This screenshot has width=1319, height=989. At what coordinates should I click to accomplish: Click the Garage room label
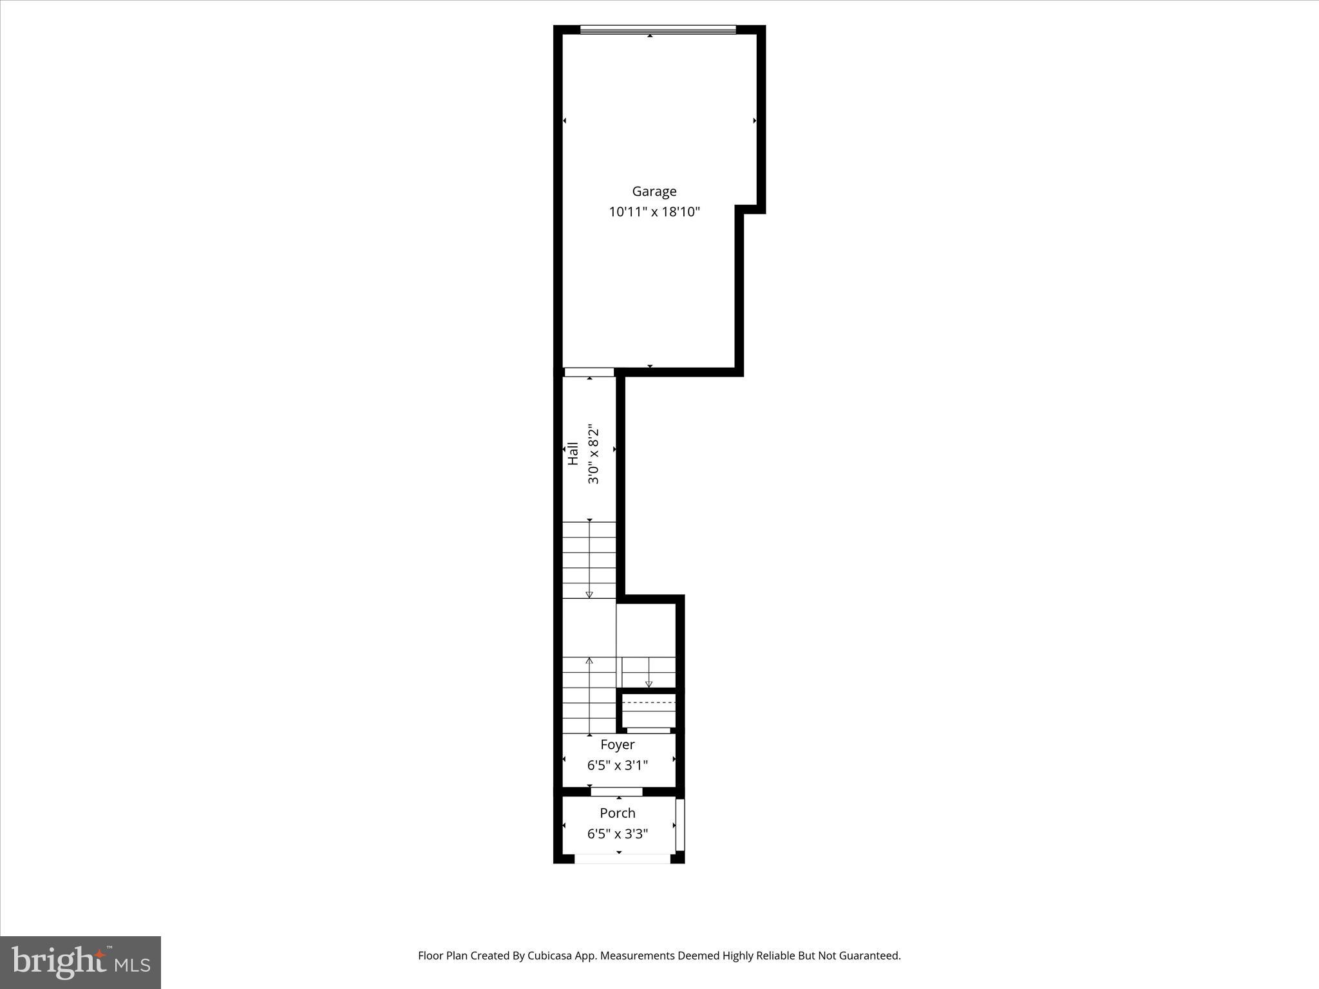coord(654,191)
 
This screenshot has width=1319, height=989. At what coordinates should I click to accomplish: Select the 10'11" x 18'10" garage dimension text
coord(654,212)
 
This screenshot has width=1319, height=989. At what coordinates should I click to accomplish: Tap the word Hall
coord(573,453)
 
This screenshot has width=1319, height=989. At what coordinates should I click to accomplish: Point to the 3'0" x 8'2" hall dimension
coord(593,453)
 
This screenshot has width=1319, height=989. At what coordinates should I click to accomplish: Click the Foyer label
coord(617,745)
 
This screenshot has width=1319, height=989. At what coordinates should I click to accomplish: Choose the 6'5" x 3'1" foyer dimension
coord(617,766)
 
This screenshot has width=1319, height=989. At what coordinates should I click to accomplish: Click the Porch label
coord(617,813)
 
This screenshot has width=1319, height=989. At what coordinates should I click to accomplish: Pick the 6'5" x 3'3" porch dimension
coord(617,834)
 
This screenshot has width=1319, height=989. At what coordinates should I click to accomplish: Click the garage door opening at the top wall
coord(658,30)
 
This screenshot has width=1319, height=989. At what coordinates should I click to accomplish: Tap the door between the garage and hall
coord(589,372)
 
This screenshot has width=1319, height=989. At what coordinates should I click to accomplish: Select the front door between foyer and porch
coord(616,791)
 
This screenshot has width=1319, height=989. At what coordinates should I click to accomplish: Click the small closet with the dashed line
coord(648,711)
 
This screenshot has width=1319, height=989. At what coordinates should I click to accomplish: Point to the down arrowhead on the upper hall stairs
coord(589,594)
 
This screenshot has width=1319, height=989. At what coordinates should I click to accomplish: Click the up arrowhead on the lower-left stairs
coord(589,661)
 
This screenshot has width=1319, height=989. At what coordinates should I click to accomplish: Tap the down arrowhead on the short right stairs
coord(649,684)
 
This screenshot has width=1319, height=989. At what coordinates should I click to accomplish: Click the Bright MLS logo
coord(81,962)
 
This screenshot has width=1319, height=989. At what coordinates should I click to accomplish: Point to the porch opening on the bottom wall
coord(622,858)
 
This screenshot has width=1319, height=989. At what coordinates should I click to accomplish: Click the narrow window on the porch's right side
coord(680,825)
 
